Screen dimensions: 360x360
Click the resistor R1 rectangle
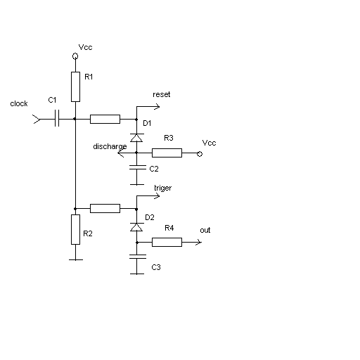click(x=75, y=86)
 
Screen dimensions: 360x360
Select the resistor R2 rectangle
click(x=75, y=229)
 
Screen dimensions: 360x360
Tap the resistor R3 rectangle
click(x=167, y=153)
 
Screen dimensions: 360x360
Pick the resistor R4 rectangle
click(x=167, y=242)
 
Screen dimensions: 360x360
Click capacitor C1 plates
click(x=57, y=118)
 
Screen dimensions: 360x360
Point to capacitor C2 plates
click(x=137, y=167)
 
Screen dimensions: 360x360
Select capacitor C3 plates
click(x=138, y=257)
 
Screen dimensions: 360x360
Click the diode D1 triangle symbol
click(x=136, y=138)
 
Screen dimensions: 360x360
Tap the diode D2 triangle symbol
click(x=136, y=227)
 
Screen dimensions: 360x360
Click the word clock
click(x=19, y=103)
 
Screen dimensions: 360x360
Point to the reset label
click(x=162, y=94)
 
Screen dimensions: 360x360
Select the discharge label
click(x=110, y=147)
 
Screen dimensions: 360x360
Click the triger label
click(x=163, y=188)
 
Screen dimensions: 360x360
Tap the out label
click(x=205, y=231)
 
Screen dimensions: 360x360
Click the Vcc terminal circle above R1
click(x=75, y=56)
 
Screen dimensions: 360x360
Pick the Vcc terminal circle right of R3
click(x=200, y=154)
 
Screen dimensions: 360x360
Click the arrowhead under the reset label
click(x=157, y=107)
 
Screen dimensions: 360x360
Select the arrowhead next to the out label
click(x=198, y=242)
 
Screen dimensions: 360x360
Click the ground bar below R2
click(x=76, y=259)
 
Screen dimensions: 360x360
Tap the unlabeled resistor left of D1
click(x=105, y=119)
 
